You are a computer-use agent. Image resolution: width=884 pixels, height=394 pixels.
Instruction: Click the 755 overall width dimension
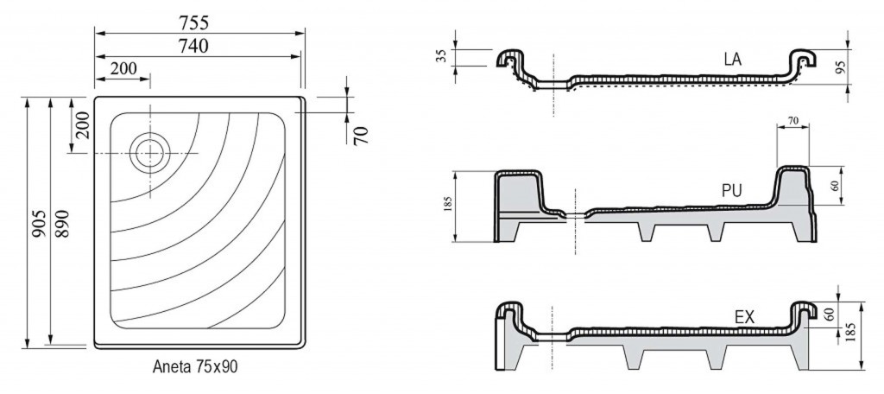coord(194,22)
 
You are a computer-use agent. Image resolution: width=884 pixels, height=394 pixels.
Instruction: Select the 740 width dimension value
coord(193,46)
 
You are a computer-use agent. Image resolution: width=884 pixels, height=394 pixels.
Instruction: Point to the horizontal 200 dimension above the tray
coord(123,68)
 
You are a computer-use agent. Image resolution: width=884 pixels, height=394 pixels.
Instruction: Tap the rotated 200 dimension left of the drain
coord(83,126)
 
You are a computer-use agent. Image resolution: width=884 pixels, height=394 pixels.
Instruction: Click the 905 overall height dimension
coord(38,223)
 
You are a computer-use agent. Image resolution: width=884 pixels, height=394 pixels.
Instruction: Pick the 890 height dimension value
coord(61,223)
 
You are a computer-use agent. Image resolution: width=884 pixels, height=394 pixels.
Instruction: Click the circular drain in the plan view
coord(150,153)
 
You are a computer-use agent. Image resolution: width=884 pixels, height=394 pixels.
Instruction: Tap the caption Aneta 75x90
coord(195,366)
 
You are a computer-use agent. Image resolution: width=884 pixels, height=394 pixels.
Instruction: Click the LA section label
coord(733,60)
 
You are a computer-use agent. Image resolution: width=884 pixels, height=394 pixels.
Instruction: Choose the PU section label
coord(732,191)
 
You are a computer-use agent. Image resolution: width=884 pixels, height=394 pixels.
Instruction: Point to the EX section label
coord(744,318)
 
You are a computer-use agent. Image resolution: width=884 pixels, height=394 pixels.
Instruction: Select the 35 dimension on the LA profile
coord(443,55)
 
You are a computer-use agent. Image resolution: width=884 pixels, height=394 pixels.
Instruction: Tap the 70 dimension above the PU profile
coord(792,120)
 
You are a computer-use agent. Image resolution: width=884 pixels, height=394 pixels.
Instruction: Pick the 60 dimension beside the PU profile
coord(836,185)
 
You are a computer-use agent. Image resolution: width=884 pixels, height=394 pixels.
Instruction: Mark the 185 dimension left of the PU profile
coord(448,204)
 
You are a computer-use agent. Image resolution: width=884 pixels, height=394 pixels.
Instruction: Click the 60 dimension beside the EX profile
coord(829,315)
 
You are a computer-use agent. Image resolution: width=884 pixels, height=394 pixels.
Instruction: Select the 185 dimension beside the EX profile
coord(852,334)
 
